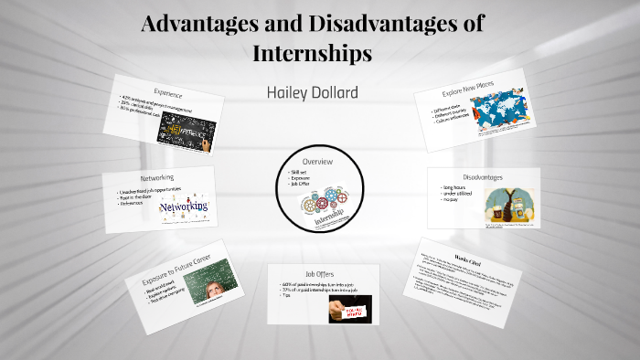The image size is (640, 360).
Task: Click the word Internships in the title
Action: pos(312,53)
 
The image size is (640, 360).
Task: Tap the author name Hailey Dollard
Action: pos(313,94)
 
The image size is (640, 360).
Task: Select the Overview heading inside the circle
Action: pos(317,162)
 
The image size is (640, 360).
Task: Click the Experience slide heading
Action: pos(168,94)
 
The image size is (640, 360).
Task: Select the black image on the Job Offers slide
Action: pos(351,310)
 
